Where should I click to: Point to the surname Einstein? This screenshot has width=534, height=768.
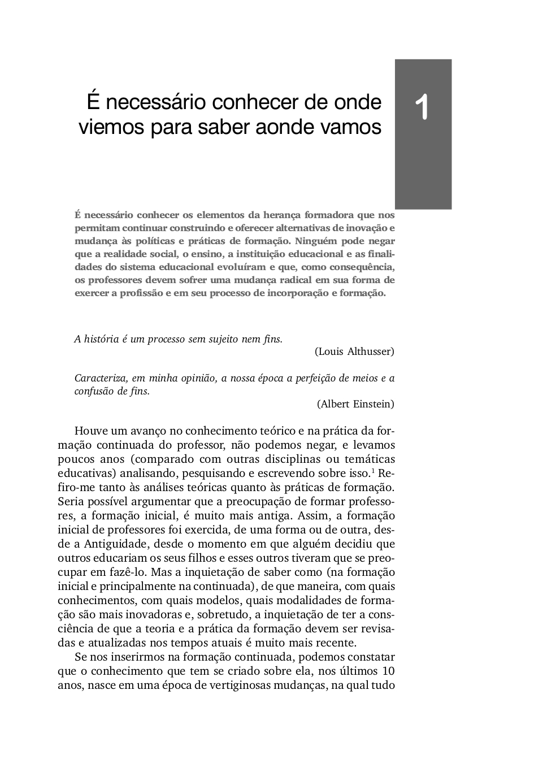pos(374,403)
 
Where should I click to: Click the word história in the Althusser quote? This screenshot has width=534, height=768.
pos(101,339)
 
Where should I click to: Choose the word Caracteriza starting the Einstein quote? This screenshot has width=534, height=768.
pos(95,378)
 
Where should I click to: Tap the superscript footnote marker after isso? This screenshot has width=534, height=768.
pos(373,471)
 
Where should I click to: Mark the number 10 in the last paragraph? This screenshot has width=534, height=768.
pos(388,671)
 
